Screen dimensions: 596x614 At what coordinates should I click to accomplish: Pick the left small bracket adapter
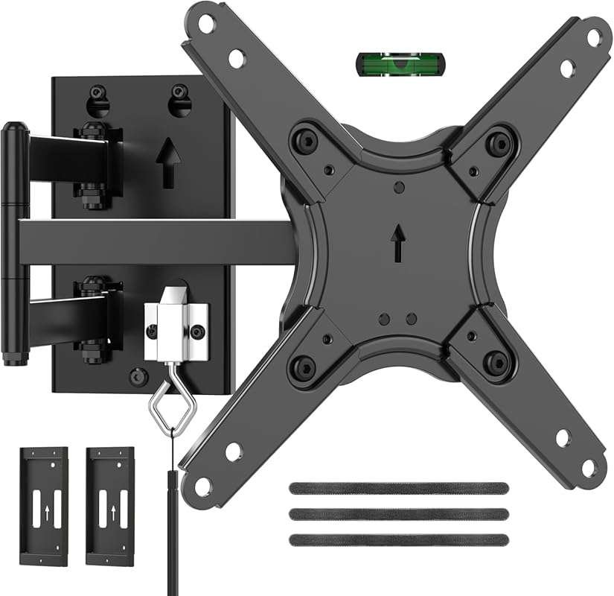pyautogui.click(x=44, y=506)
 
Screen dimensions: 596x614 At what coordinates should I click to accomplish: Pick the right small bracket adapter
pyautogui.click(x=110, y=506)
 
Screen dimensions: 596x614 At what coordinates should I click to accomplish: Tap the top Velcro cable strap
pyautogui.click(x=398, y=489)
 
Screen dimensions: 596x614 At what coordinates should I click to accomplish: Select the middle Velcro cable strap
pyautogui.click(x=398, y=514)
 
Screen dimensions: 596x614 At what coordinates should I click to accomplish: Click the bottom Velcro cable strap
pyautogui.click(x=398, y=539)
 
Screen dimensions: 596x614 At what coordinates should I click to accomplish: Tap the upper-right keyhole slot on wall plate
pyautogui.click(x=178, y=98)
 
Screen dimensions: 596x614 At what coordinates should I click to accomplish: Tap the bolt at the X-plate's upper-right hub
pyautogui.click(x=496, y=142)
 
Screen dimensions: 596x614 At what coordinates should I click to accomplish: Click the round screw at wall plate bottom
pyautogui.click(x=136, y=375)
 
